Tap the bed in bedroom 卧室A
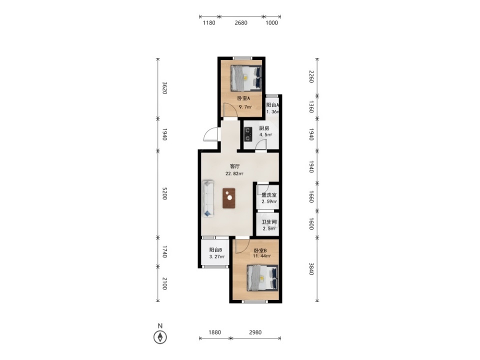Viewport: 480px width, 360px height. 246,78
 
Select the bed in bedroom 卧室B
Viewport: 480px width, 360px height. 263,278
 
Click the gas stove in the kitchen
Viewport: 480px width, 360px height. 247,134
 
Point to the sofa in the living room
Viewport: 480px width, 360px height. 208,198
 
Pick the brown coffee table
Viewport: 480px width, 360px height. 229,198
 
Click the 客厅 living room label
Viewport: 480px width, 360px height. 235,166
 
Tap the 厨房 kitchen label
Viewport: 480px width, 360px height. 264,128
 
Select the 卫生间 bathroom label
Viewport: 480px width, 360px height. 269,222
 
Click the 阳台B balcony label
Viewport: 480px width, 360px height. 215,250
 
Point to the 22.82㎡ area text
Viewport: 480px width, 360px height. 234,173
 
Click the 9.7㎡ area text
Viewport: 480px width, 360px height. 245,107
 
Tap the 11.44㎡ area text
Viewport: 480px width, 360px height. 261,256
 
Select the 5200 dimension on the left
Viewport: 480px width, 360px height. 164,193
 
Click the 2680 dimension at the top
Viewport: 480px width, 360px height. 241,22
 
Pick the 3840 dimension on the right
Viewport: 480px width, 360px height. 311,269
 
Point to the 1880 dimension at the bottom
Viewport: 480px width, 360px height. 214,332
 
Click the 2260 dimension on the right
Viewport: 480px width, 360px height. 311,76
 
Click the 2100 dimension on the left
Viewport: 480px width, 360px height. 164,283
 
